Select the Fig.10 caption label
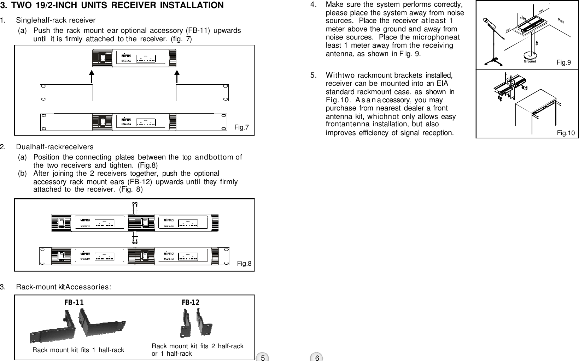(x=566, y=133)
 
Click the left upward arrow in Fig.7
(x=92, y=78)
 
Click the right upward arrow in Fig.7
(x=177, y=78)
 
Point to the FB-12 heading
(x=191, y=302)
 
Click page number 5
(x=263, y=357)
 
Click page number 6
(x=317, y=357)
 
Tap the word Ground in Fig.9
(x=530, y=61)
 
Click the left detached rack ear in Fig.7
(x=66, y=93)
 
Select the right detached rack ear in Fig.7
(x=202, y=93)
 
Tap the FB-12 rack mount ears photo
(x=194, y=323)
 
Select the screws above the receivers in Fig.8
(x=134, y=205)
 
